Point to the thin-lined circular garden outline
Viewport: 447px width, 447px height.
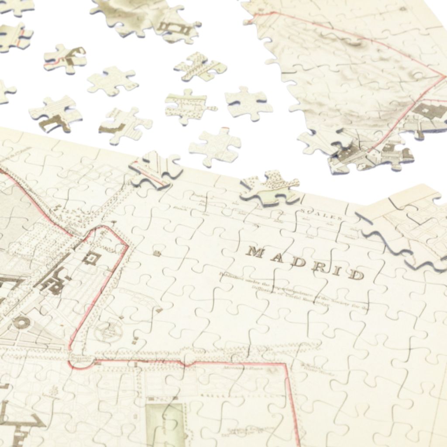[107, 330]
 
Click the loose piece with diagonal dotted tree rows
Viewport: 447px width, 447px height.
[200, 67]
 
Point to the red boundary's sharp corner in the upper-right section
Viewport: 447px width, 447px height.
[443, 77]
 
